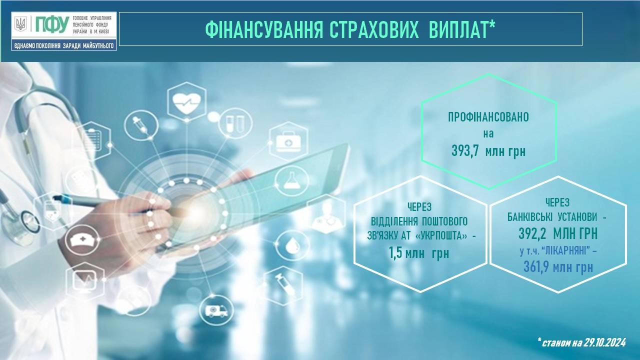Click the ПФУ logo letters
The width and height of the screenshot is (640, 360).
52,24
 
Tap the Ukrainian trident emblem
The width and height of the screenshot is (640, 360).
20,24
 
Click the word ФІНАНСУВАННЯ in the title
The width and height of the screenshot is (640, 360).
264,29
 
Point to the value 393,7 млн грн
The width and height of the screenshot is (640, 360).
488,151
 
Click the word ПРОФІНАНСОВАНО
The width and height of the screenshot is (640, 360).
488,117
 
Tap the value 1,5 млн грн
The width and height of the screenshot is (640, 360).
419,253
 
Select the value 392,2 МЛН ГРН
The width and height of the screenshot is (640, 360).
558,233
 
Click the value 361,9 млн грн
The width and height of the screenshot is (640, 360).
558,267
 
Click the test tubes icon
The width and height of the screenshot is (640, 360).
235,123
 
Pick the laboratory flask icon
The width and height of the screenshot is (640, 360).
292,181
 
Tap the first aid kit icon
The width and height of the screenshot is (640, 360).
288,141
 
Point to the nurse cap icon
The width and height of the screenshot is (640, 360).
82,240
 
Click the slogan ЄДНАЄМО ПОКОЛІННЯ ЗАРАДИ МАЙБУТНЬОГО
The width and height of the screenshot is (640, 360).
63,45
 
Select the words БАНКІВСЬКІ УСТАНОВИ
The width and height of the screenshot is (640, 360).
552,217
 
